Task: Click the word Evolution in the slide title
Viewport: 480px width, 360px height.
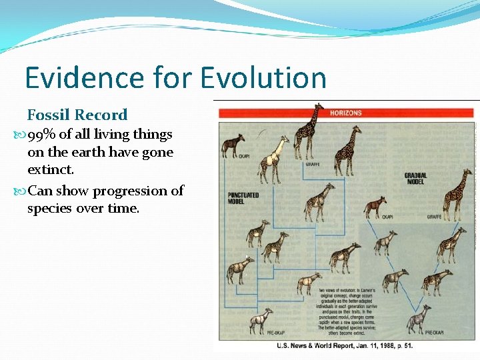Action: [263, 78]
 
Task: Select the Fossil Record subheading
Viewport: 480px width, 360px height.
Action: [77, 115]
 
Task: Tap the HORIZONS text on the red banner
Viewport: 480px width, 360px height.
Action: [345, 113]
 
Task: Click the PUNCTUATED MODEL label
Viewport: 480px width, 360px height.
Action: [243, 198]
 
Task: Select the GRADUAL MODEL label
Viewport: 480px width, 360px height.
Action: [415, 178]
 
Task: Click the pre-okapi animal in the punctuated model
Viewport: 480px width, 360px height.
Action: [259, 321]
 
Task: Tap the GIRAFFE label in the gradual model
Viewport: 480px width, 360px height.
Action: [434, 217]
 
